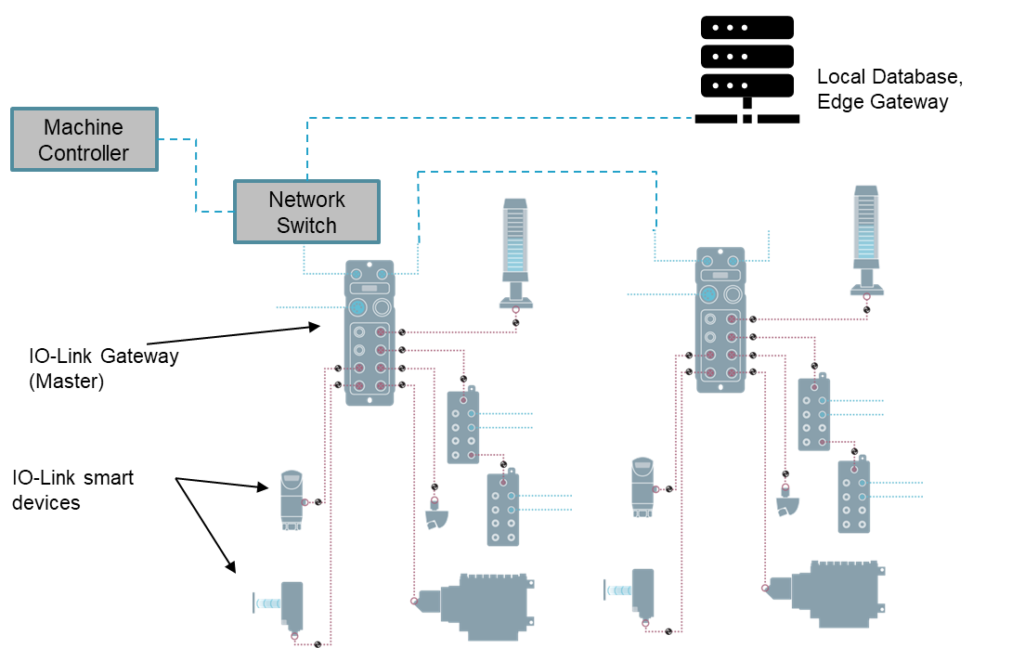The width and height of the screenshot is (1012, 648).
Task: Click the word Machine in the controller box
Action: tap(84, 127)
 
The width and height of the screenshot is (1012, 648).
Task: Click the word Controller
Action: tap(84, 153)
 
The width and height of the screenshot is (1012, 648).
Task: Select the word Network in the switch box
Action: tap(306, 200)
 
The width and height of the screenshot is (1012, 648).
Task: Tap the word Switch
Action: tap(306, 226)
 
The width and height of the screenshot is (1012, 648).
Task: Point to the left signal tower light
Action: tap(514, 240)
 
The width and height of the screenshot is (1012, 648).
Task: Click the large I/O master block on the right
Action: tap(720, 319)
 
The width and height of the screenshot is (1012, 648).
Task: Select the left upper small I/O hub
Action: tap(462, 426)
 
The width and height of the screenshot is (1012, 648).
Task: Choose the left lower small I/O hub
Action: tap(503, 509)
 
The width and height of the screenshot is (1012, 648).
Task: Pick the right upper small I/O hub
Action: tap(813, 413)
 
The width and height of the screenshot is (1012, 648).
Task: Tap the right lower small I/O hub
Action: tap(854, 496)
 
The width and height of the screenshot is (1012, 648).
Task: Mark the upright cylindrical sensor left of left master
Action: tap(292, 499)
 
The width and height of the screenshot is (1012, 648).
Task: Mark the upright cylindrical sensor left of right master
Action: tap(642, 486)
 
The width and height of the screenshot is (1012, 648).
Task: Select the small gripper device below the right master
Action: tap(787, 502)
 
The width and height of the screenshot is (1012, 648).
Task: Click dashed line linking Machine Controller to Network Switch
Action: tap(197, 176)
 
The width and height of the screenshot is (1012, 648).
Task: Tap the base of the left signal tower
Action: tap(515, 302)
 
